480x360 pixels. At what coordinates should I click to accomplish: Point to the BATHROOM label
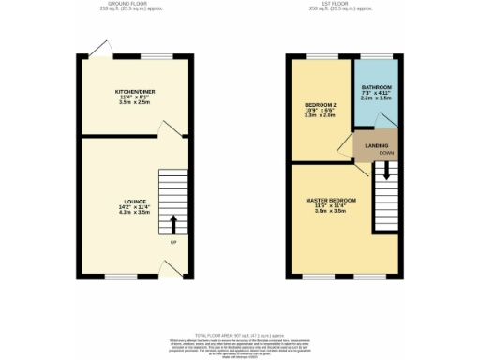point(377,86)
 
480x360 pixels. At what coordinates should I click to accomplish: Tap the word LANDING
point(376,146)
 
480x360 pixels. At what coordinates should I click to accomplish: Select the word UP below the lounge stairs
point(172,244)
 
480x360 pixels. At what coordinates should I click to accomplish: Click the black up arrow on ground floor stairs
point(172,223)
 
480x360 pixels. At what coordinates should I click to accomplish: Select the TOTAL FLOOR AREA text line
point(239,334)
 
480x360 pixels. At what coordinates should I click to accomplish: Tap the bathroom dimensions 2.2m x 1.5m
point(377,97)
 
